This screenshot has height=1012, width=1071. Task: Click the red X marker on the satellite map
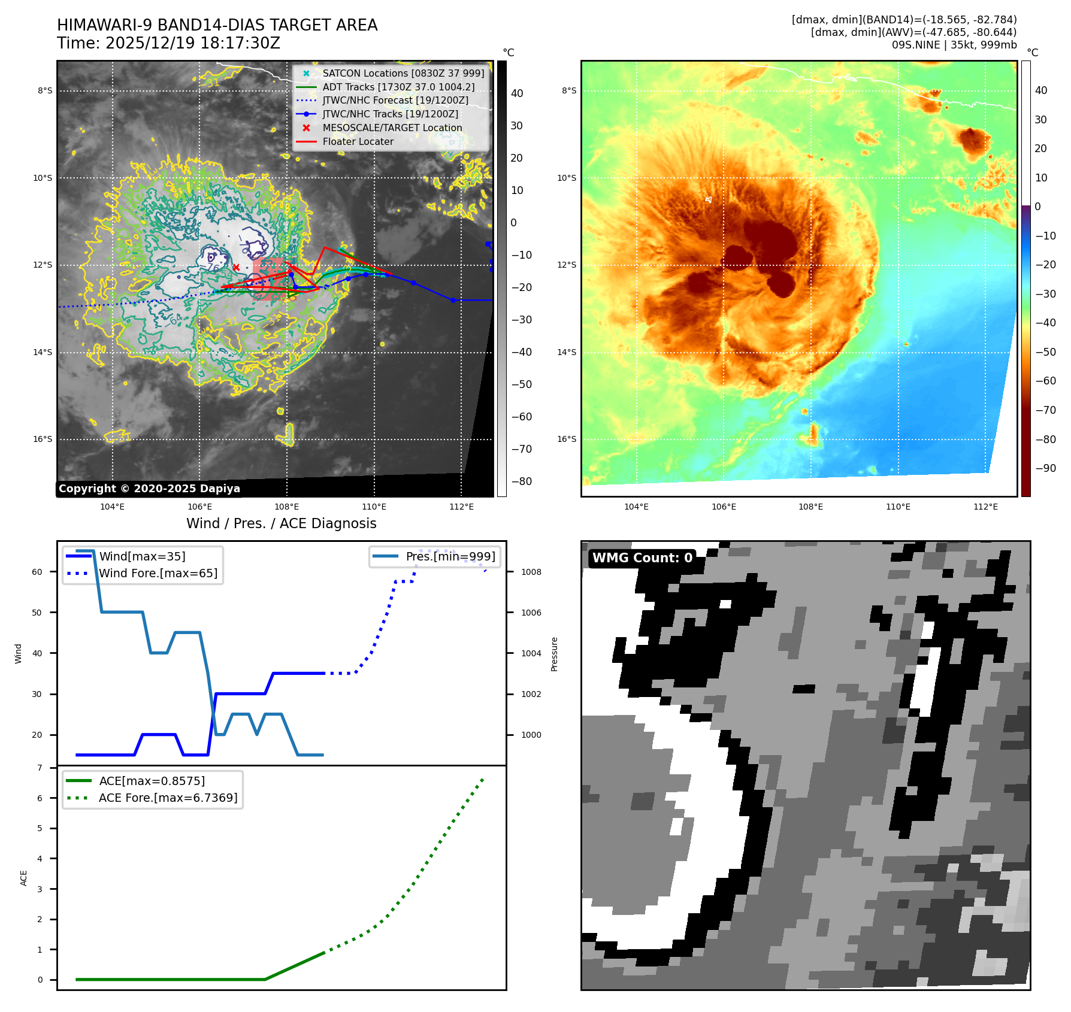tap(236, 267)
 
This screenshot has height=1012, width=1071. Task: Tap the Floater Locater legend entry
tap(358, 141)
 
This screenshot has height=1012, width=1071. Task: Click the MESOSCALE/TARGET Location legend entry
tap(392, 128)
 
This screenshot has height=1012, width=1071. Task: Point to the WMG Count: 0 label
tap(642, 558)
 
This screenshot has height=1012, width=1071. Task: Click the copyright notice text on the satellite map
tap(149, 489)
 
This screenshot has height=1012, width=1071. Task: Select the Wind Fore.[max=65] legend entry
tap(158, 573)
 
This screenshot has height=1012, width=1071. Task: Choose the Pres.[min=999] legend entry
tap(450, 556)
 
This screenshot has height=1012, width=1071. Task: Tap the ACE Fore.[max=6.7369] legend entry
tap(168, 798)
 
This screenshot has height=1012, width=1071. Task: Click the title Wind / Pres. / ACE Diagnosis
tap(282, 523)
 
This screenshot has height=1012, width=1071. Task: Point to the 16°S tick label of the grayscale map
tap(43, 439)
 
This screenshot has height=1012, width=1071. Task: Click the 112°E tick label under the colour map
tap(985, 507)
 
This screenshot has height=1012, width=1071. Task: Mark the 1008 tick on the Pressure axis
tap(531, 572)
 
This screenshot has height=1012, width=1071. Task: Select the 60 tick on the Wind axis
tap(37, 572)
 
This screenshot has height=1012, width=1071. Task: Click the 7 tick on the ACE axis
tap(40, 768)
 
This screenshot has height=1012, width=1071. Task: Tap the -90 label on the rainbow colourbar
tap(1045, 468)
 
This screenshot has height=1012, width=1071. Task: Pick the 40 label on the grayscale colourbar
tap(516, 93)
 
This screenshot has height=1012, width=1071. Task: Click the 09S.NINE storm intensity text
tap(954, 45)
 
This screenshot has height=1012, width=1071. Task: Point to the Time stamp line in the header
tap(168, 43)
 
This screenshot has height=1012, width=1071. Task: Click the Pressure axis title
tap(554, 654)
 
